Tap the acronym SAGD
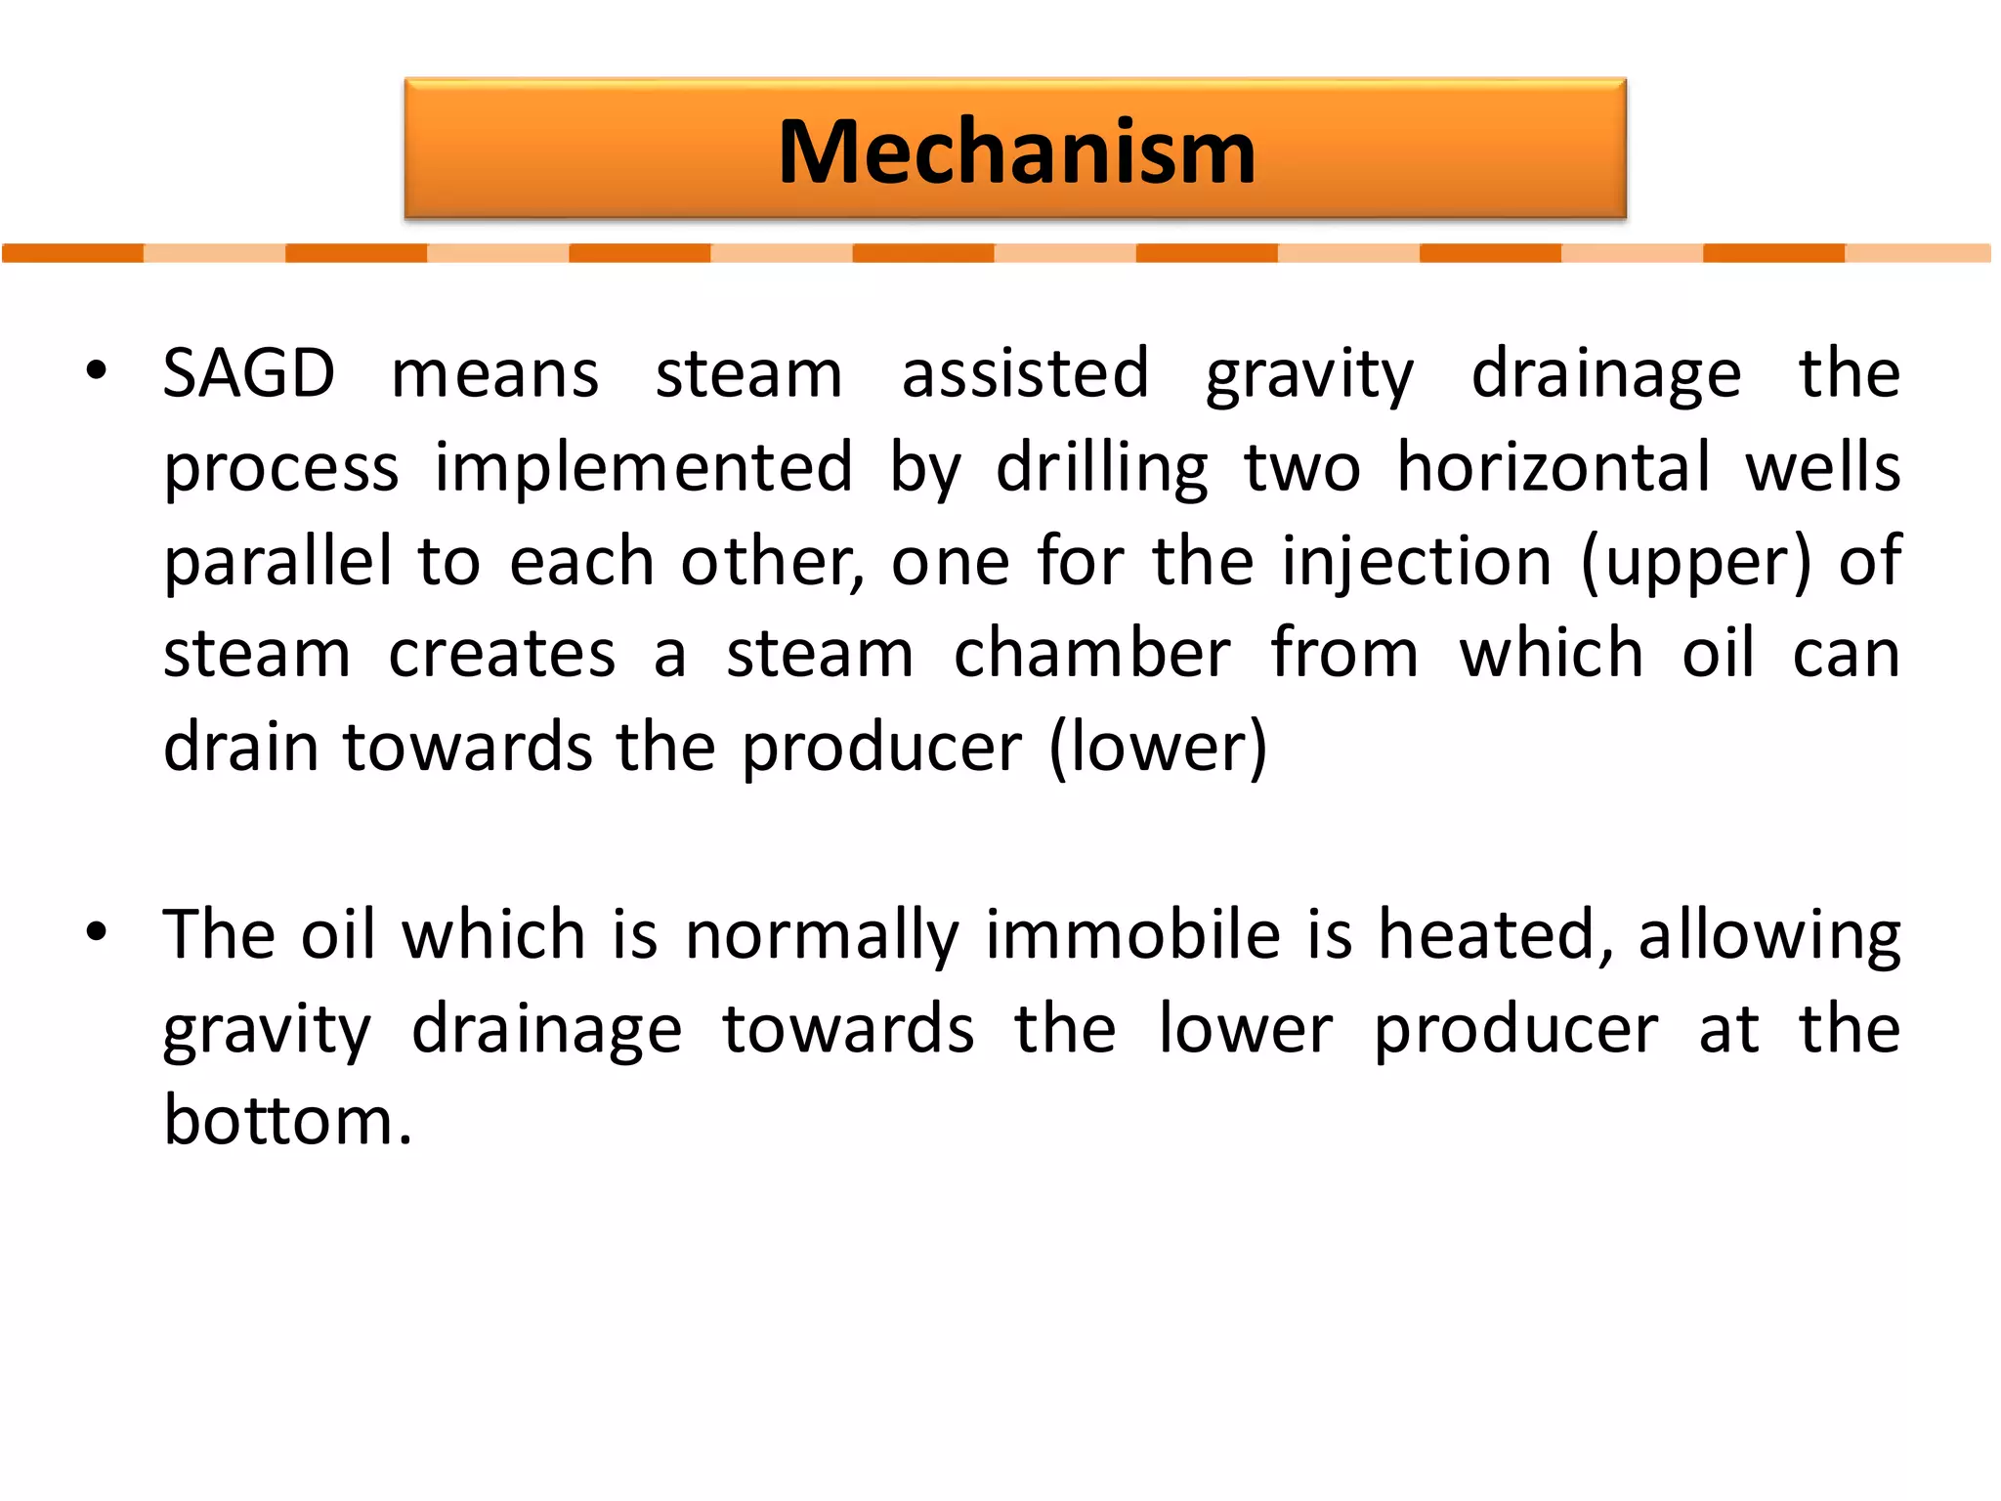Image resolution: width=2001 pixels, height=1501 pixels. tap(249, 373)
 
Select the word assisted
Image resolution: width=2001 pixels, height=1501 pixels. tap(1025, 373)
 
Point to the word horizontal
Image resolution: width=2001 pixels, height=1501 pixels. tap(1553, 467)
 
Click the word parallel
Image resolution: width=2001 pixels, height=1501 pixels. tap(278, 562)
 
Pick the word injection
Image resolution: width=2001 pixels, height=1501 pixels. tap(1417, 562)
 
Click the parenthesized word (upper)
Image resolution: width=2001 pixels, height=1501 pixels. tap(1696, 562)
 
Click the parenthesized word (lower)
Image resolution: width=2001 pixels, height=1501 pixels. tap(1158, 748)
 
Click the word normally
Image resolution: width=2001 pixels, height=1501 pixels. tap(822, 936)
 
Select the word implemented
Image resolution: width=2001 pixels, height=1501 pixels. tap(644, 467)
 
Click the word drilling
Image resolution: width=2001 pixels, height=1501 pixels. tap(1102, 467)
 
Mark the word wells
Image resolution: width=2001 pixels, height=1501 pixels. tap(1823, 467)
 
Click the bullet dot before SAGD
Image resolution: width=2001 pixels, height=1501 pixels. tap(96, 371)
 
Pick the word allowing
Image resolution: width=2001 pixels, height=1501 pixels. tap(1769, 936)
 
